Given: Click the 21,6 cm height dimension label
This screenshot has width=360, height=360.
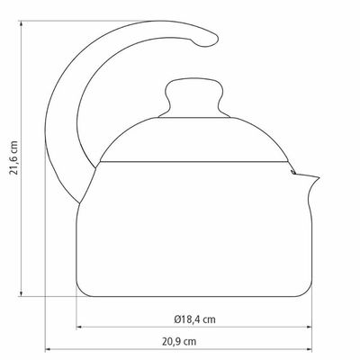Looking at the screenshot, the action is click(x=14, y=157).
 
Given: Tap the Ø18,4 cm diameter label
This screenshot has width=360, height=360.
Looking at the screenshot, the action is click(x=194, y=319).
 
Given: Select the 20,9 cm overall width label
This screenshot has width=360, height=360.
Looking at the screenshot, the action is click(x=179, y=341).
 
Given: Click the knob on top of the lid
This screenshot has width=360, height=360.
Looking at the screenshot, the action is click(x=194, y=98).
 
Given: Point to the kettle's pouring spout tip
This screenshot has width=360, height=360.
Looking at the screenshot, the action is click(x=318, y=178).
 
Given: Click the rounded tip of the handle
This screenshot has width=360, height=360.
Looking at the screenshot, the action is click(x=210, y=39).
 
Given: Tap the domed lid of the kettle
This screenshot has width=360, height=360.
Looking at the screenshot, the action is click(x=194, y=139).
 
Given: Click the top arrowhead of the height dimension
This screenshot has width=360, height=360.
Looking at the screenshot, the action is click(x=21, y=23).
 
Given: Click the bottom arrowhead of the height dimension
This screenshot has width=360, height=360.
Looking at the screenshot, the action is click(x=21, y=293).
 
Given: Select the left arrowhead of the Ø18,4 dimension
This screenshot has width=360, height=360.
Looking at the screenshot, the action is click(x=79, y=327).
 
